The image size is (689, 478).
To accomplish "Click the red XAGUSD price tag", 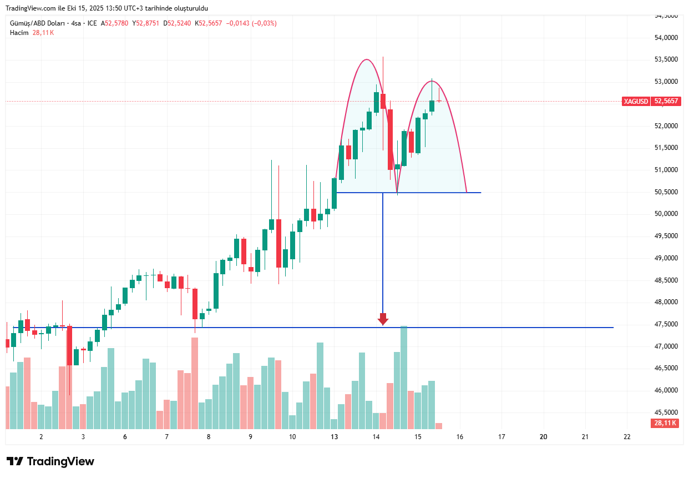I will [636, 102].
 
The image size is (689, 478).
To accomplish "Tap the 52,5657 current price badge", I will [667, 102].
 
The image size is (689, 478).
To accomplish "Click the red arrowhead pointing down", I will [383, 319].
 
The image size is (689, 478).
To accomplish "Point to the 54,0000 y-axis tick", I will [666, 38].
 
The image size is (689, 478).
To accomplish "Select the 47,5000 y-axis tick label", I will [666, 324].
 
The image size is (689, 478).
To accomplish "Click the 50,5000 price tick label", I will [666, 192].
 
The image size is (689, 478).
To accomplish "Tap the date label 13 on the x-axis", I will [334, 437].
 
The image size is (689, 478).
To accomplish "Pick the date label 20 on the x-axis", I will [544, 437].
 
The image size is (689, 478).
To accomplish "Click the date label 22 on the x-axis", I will [627, 437].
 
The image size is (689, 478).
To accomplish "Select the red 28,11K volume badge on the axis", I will [665, 423].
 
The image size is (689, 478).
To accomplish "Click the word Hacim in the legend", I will [19, 33].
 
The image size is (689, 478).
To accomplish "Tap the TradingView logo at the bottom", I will [50, 461].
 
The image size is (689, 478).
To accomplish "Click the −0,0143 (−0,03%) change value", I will [251, 23].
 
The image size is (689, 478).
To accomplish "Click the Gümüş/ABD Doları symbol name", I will [36, 23].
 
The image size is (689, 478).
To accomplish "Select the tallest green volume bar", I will [404, 378].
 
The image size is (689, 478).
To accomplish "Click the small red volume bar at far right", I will [439, 426].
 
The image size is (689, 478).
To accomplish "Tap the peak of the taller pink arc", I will [366, 59].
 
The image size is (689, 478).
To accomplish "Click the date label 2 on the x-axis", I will [41, 437].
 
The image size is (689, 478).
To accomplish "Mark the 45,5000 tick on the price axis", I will [666, 412].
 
